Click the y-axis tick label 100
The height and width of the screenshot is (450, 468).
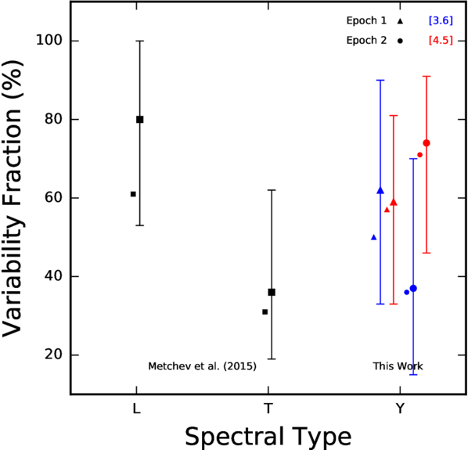[x=49, y=40]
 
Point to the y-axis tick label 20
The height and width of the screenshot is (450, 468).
[x=53, y=355]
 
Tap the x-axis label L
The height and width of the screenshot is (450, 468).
[x=136, y=409]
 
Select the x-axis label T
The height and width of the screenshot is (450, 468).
[x=268, y=409]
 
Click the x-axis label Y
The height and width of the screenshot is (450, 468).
[x=400, y=409]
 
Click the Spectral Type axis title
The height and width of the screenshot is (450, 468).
[x=268, y=437]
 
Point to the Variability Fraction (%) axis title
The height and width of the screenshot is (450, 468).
[x=13, y=198]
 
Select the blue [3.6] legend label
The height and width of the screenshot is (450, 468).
[x=441, y=20]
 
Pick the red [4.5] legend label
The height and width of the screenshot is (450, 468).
[x=441, y=40]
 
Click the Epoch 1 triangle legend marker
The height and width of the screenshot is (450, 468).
[x=400, y=21]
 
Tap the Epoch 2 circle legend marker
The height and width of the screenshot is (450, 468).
[x=400, y=41]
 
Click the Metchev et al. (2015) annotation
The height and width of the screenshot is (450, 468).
[x=203, y=366]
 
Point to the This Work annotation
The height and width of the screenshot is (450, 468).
[x=398, y=366]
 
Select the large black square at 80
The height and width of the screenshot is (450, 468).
[x=139, y=120]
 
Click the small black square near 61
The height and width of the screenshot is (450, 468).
[x=133, y=194]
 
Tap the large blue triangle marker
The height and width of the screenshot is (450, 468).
[x=380, y=190]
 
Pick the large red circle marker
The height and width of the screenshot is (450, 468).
[x=427, y=143]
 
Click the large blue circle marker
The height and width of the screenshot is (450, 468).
[x=413, y=288]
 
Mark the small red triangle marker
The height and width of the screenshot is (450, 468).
[x=387, y=210]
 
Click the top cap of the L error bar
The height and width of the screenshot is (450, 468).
[x=139, y=41]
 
